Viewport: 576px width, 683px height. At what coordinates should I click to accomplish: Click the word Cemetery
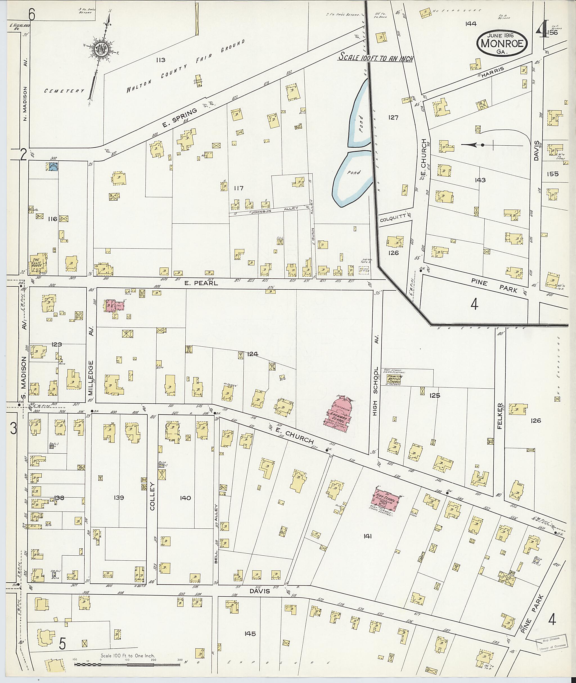[64, 91]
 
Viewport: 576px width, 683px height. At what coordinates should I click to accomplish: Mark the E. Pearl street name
[197, 283]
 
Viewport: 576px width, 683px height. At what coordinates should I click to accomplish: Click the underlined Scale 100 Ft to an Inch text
[375, 58]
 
